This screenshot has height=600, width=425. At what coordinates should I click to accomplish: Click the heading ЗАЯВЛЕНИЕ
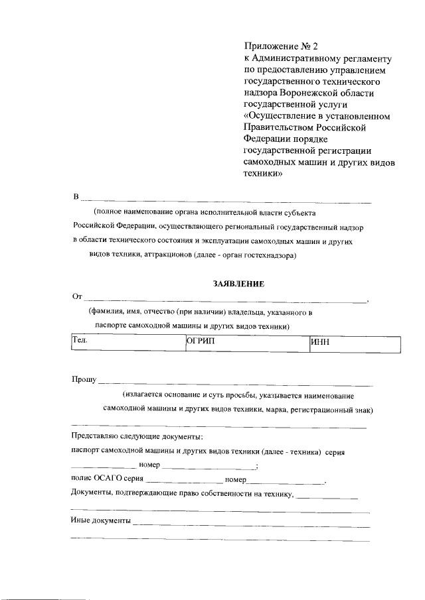[x=238, y=284]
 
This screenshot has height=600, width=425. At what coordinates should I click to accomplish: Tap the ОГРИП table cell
[x=246, y=345]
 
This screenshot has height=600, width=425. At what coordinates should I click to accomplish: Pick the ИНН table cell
[x=355, y=345]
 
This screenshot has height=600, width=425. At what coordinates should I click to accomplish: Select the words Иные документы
[x=100, y=521]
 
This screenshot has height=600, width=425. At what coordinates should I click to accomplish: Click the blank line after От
[x=226, y=300]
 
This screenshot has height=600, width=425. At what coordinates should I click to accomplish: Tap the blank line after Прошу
[x=236, y=383]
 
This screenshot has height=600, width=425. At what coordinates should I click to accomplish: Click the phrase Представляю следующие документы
[x=137, y=436]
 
